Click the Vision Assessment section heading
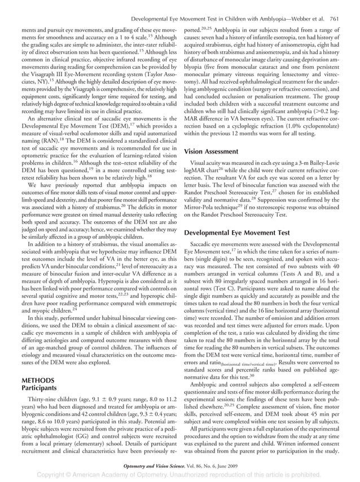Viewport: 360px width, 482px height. tap(213, 151)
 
